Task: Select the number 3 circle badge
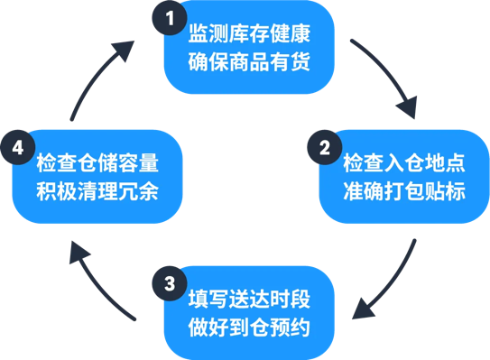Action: [x=164, y=282]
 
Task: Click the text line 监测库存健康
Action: [x=249, y=35]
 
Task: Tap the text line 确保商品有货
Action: [x=249, y=63]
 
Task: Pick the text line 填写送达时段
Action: [x=249, y=300]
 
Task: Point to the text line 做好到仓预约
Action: [x=249, y=327]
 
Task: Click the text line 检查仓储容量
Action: [x=97, y=164]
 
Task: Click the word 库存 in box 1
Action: [x=249, y=35]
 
